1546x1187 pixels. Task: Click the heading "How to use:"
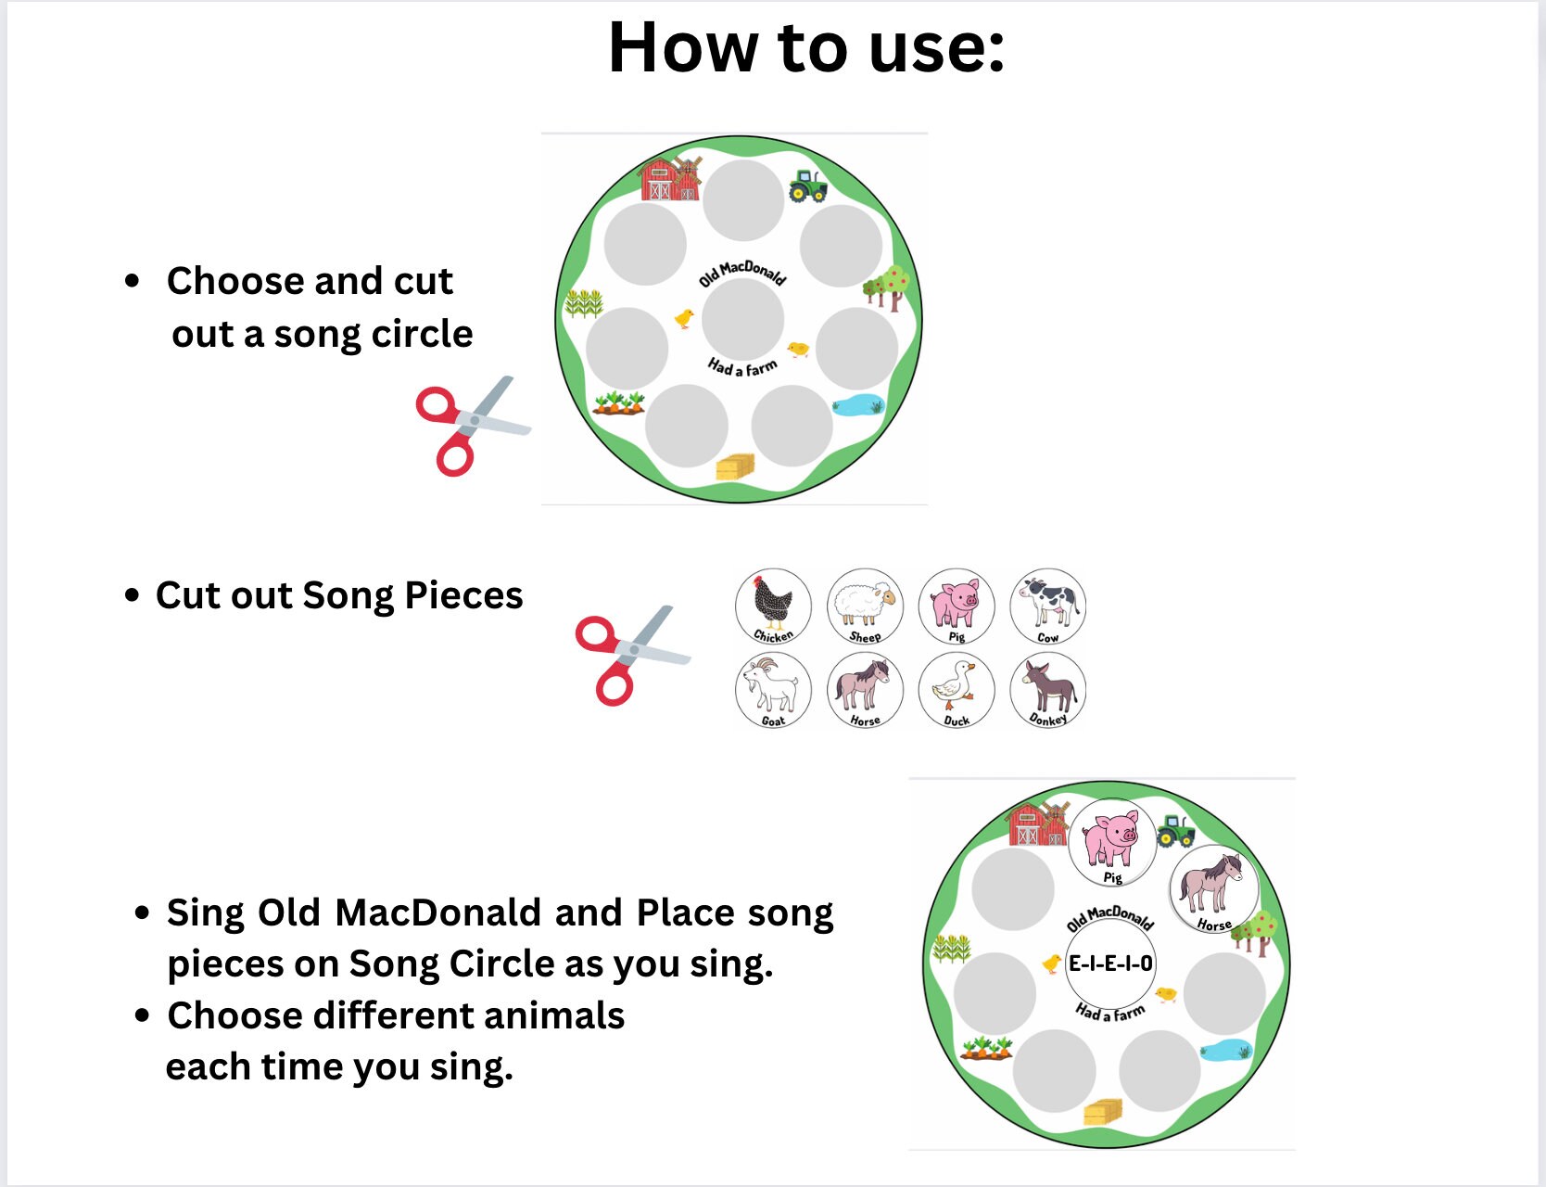(x=805, y=48)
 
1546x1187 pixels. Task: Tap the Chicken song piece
(x=773, y=606)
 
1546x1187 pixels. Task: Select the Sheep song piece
(x=865, y=606)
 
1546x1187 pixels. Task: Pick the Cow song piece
(x=1047, y=606)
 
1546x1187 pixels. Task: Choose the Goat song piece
(x=773, y=690)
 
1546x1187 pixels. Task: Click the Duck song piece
(x=956, y=690)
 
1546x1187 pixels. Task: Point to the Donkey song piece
(x=1047, y=690)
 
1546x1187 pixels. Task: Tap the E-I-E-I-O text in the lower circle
(x=1110, y=964)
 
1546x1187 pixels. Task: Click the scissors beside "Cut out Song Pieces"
(x=630, y=654)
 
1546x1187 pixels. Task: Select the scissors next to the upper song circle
(x=471, y=425)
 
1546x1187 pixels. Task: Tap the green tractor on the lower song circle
(x=1175, y=830)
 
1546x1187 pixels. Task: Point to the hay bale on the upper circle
(x=735, y=466)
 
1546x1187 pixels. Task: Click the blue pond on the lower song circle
(x=1225, y=1051)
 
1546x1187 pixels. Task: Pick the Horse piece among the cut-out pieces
(x=865, y=690)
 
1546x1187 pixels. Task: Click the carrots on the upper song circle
(x=619, y=402)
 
